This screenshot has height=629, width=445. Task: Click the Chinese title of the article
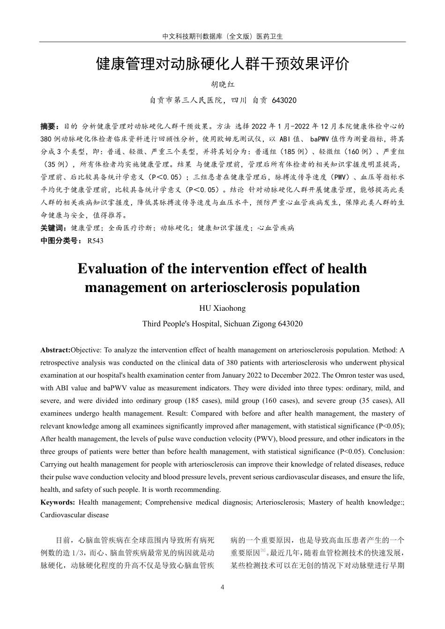click(222, 64)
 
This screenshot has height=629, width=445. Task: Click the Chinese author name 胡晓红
click(222, 85)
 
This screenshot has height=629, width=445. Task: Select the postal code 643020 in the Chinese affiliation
click(284, 101)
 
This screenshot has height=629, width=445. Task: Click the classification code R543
click(95, 241)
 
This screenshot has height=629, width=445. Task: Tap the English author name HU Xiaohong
click(222, 308)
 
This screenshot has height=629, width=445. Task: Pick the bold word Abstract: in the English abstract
click(55, 350)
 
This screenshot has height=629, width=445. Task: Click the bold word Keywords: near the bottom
click(58, 503)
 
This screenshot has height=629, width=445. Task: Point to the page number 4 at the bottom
click(222, 587)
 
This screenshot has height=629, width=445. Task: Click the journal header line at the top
click(222, 36)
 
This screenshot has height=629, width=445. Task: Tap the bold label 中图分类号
click(61, 241)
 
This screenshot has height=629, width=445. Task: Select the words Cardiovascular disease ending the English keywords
click(74, 515)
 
